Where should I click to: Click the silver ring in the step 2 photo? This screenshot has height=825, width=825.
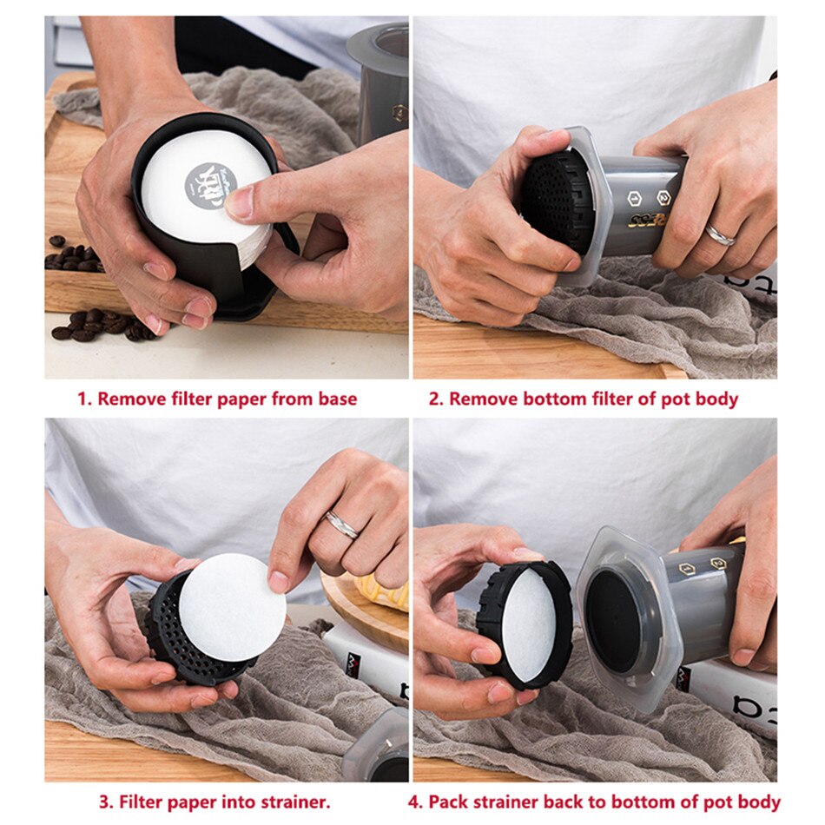pyautogui.click(x=720, y=234)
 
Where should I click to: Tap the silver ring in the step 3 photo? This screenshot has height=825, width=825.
pyautogui.click(x=340, y=525)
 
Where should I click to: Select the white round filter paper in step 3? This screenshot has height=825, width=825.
pyautogui.click(x=232, y=608)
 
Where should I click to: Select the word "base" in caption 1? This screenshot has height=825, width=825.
pyautogui.click(x=335, y=399)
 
